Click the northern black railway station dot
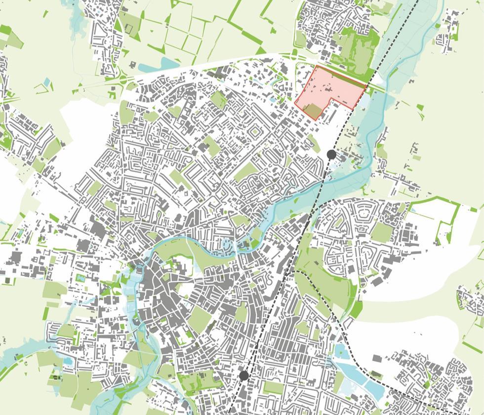(331, 155)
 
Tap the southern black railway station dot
(243, 376)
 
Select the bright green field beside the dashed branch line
(356, 308)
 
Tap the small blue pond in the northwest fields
(47, 82)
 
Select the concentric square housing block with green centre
(255, 132)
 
